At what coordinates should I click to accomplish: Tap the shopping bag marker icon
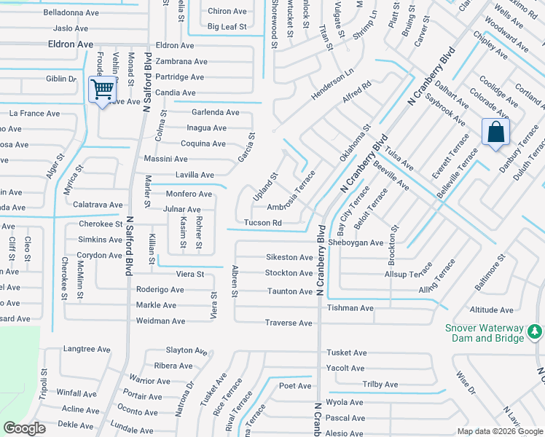[495, 133]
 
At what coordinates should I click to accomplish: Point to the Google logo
[25, 428]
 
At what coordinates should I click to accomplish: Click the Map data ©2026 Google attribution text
[500, 431]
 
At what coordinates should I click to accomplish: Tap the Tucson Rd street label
[263, 223]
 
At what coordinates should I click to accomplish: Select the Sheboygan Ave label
[356, 243]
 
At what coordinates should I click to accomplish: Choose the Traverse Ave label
[289, 323]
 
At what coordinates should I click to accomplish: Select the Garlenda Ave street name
[215, 112]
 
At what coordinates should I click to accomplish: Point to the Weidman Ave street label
[160, 320]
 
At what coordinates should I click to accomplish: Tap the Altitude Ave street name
[492, 310]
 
